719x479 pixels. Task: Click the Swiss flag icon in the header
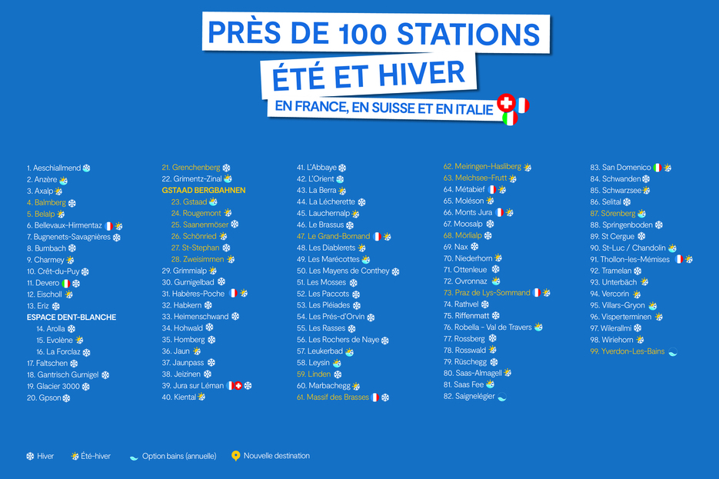coord(505,103)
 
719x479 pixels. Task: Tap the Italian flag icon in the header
coord(509,118)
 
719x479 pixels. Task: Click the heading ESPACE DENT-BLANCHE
coord(72,317)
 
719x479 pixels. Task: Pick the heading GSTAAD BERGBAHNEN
coord(204,190)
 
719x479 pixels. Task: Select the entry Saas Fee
coord(468,384)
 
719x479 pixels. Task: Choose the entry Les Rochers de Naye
coord(344,340)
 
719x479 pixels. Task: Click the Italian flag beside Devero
coord(66,283)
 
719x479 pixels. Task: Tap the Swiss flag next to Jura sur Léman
coord(238,385)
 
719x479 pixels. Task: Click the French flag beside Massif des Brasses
coord(375,398)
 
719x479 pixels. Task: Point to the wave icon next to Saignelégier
coord(502,397)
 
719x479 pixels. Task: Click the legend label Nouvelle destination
coord(276,456)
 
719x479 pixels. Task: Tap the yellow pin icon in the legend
coord(235,456)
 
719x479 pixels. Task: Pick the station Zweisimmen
coord(202,260)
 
